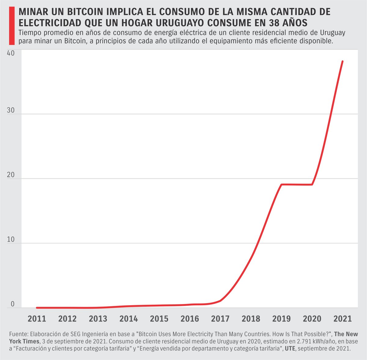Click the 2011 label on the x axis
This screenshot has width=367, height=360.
click(37, 319)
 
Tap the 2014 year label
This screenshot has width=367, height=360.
click(128, 319)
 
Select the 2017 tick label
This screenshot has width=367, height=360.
click(220, 319)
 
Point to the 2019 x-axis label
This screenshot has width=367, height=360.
click(281, 319)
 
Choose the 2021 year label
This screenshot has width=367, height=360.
click(343, 319)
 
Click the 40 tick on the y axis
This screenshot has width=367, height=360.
click(10, 53)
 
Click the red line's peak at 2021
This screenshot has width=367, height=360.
click(343, 61)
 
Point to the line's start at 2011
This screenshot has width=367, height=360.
click(37, 308)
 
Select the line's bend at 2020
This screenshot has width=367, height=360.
click(312, 184)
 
